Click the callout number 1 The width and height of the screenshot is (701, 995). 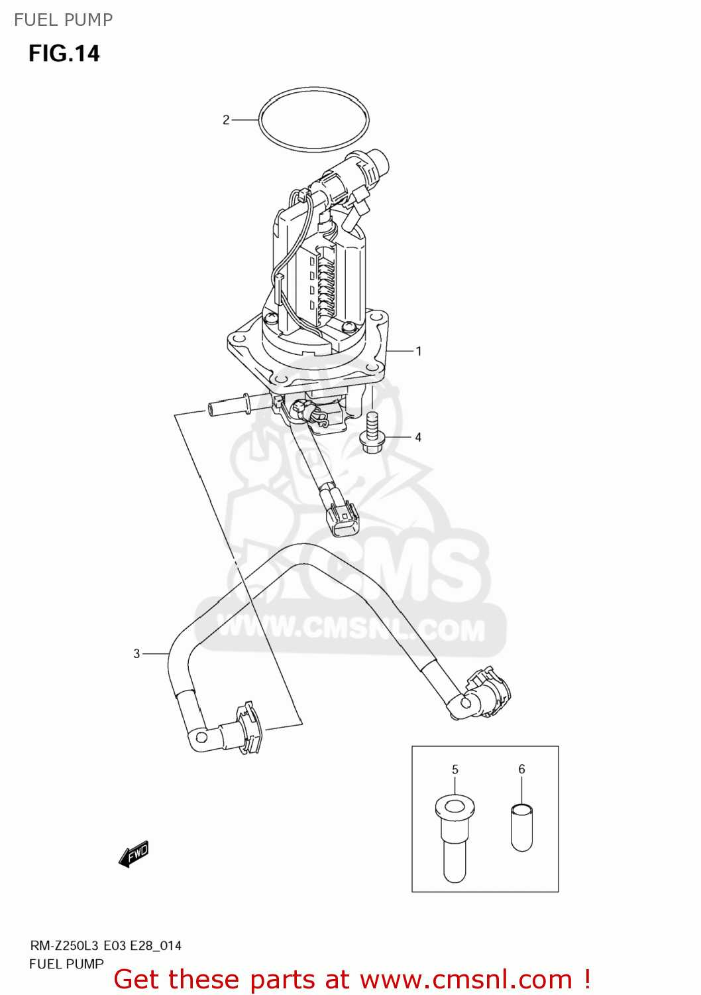pos(418,351)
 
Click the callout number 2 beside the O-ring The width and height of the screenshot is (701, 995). pos(226,120)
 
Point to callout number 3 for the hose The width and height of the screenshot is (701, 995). pos(136,653)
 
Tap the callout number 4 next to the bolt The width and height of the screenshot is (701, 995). pos(418,437)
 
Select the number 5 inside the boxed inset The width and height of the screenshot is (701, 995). pos(455,769)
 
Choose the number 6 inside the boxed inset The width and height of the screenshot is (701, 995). pos(521,769)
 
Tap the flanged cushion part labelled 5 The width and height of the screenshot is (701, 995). pos(455,836)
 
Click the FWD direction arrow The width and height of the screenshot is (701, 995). pos(134,854)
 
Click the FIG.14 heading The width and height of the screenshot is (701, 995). pos(64,54)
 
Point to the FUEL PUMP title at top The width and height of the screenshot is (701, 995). pos(64,20)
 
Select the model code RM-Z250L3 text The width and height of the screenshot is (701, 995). pos(64,946)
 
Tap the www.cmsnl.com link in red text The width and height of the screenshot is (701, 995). pos(466,979)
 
